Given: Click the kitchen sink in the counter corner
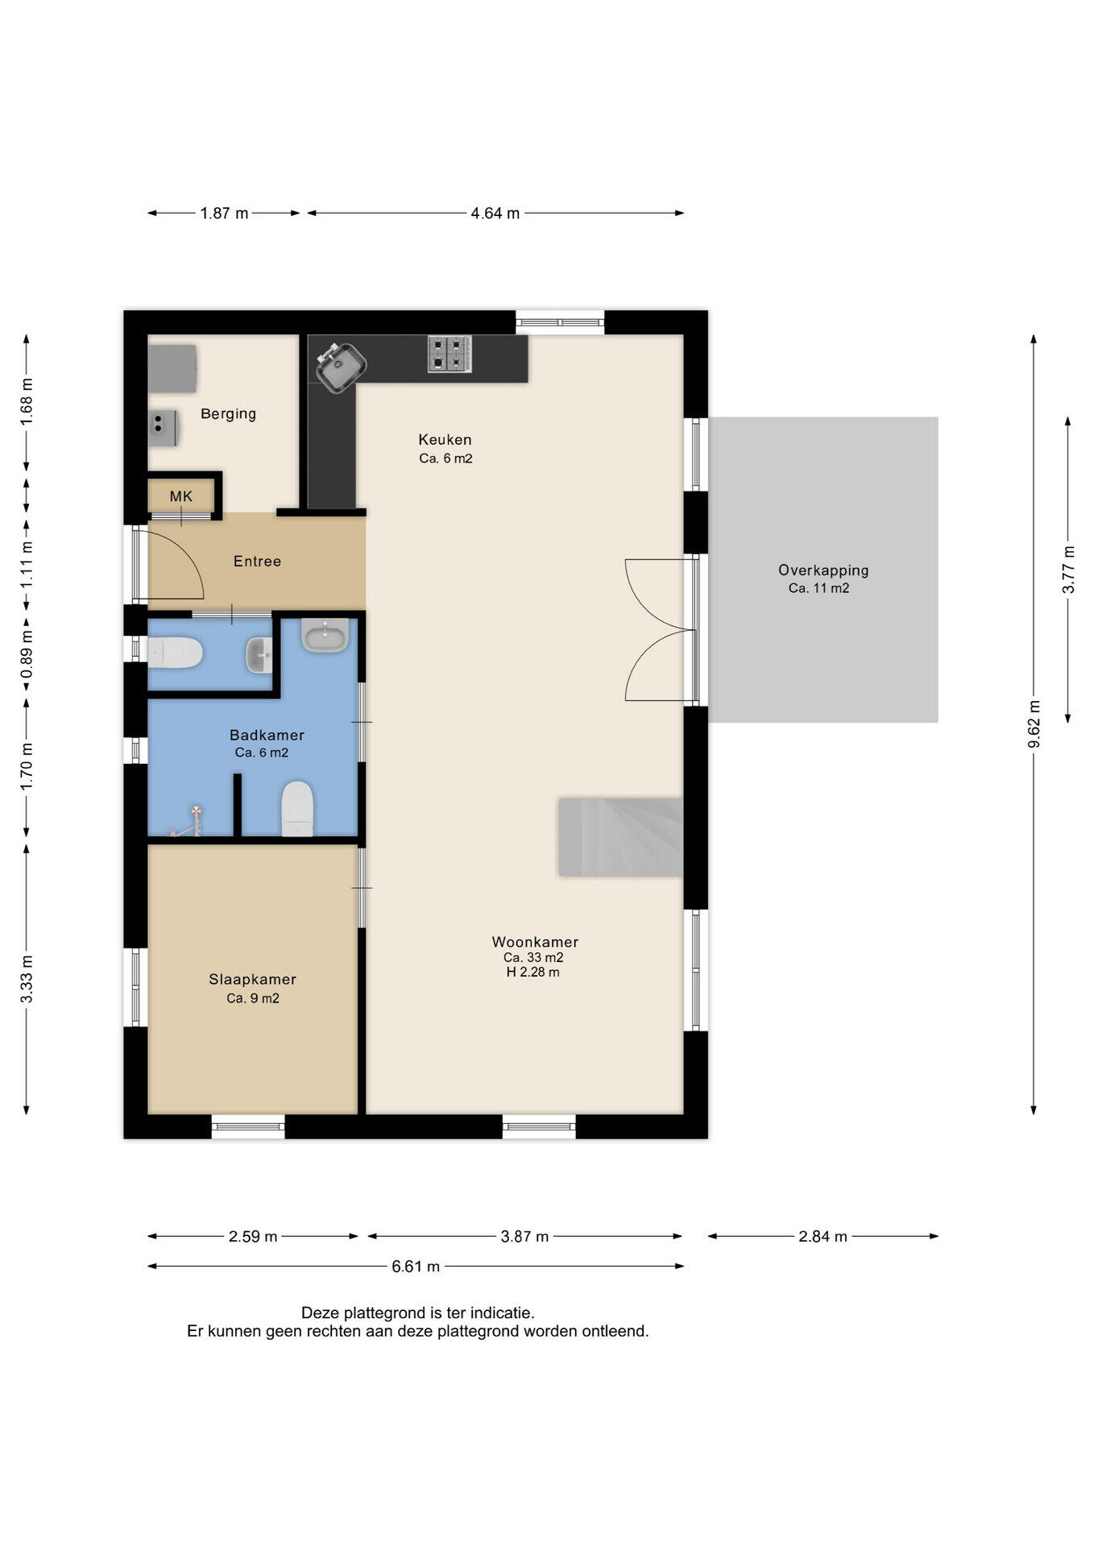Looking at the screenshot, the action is [x=341, y=367].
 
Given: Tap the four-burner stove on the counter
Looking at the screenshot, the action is [x=450, y=354].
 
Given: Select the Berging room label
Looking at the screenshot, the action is [x=228, y=414].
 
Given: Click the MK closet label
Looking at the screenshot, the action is [x=181, y=496].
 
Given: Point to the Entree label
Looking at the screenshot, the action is [x=257, y=562].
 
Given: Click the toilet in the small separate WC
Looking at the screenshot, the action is [x=175, y=653].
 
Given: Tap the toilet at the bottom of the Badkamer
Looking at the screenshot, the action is [x=296, y=808].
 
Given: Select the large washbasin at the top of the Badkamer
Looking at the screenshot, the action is [x=325, y=635].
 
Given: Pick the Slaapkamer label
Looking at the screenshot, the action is [x=252, y=980].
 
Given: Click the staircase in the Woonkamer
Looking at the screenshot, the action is [x=620, y=836].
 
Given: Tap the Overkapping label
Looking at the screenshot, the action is [x=823, y=570].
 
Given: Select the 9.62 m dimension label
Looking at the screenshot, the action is [x=1034, y=724].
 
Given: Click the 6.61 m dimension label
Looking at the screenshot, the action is [x=416, y=1267].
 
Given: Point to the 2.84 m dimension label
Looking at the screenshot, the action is [x=823, y=1237].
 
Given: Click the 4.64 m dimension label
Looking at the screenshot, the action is [x=495, y=214].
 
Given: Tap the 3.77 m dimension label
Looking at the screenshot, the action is [x=1068, y=570].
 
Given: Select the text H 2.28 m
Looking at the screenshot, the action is [x=532, y=973].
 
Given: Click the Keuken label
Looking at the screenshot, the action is [x=445, y=440].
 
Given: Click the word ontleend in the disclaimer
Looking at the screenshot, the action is [x=615, y=1332].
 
